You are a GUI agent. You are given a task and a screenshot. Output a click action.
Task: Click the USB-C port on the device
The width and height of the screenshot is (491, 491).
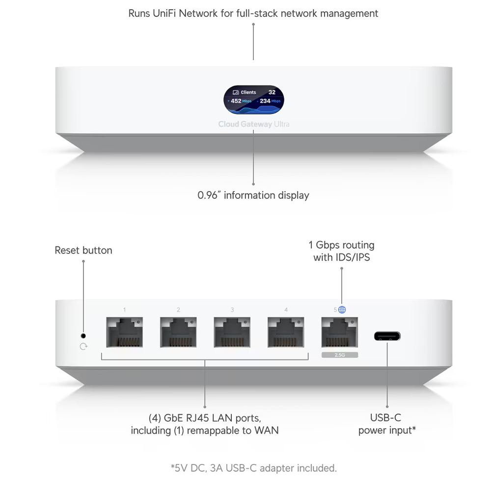point(387,336)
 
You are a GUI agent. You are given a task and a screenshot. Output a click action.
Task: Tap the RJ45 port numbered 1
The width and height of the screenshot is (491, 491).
point(124,332)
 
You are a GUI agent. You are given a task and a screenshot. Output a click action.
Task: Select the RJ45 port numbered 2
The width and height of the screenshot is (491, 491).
point(178,332)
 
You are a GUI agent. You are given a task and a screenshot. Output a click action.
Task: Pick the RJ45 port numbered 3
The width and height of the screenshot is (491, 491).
point(232,332)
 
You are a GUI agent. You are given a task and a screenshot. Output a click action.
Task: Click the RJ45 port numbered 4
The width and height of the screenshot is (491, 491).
point(286,332)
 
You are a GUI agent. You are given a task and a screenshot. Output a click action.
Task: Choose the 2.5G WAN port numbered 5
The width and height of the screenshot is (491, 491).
point(339,332)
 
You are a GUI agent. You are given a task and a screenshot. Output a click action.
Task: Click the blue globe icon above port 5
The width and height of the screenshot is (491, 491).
point(342,310)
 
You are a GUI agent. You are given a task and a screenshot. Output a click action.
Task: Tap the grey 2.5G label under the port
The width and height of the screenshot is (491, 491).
point(339,355)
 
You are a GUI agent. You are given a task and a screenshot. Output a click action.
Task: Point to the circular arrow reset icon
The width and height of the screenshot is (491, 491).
point(83,347)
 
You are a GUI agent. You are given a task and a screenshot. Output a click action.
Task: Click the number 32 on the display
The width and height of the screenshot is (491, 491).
point(272,92)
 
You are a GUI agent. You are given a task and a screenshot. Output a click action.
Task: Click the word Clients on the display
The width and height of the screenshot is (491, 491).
point(248,92)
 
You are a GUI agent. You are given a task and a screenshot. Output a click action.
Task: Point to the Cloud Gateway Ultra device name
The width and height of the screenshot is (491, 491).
point(254,124)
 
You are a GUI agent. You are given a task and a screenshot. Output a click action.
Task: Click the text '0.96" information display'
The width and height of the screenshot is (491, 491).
point(253,195)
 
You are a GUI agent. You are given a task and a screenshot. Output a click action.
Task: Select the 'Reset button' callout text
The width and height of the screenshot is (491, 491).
point(83,250)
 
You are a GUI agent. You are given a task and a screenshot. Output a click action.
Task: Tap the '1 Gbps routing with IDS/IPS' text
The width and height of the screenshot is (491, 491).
point(341,250)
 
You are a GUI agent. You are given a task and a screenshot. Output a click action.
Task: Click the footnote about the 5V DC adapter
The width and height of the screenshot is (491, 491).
point(253,468)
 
